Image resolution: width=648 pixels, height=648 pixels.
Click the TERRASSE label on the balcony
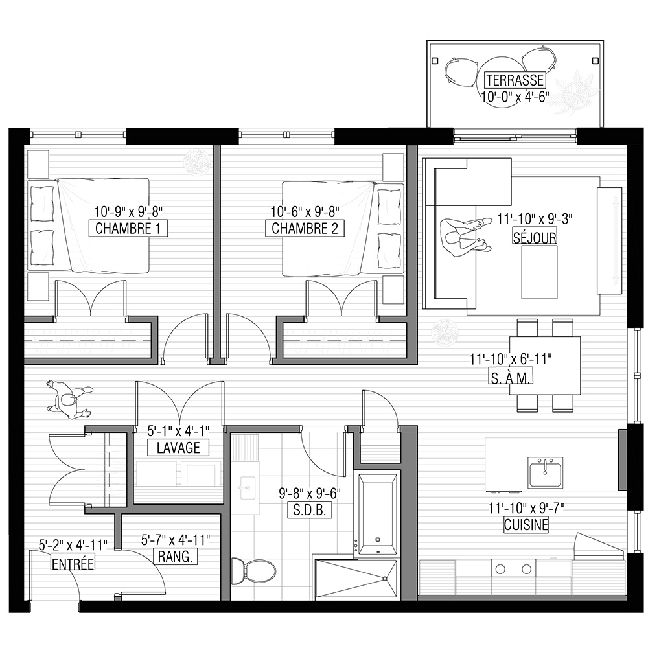515,80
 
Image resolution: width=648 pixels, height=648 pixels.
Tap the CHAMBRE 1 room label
128,228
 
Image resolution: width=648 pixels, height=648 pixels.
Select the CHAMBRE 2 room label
305,228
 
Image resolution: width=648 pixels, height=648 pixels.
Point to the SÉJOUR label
535,237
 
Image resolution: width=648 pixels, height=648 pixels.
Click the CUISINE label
526,525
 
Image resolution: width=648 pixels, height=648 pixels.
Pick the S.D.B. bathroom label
310,511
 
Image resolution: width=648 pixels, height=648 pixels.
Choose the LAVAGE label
178,448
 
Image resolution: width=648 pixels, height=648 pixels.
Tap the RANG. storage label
175,556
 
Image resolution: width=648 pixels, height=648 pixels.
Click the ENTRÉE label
73,563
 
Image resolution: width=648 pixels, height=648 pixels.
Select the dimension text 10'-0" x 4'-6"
515,97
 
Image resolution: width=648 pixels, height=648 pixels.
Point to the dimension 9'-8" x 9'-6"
310,493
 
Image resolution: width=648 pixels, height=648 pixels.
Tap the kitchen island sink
545,472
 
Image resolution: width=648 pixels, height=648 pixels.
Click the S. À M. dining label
511,377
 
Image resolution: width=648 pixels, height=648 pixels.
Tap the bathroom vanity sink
246,488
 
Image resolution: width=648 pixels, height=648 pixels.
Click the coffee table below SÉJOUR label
539,272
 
